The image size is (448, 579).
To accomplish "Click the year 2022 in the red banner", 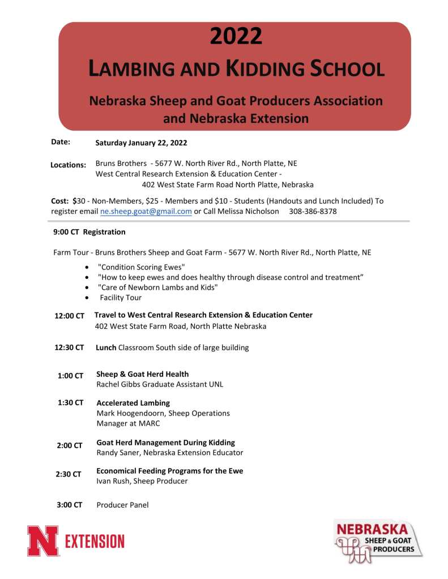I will point(236,36).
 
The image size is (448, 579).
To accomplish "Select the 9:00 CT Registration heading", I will point(89,232).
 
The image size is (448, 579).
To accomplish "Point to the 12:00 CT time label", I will point(70,316).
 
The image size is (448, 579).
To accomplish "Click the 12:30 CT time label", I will point(70,348).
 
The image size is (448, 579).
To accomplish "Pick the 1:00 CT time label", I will point(70,375).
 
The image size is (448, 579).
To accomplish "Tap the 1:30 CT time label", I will point(70,402).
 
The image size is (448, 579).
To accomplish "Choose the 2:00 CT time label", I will point(70,445).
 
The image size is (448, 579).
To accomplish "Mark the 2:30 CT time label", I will point(69,474).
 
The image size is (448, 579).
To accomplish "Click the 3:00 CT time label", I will point(70,504).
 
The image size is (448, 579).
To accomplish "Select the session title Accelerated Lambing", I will point(133,403).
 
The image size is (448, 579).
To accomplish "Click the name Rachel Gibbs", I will point(118,384).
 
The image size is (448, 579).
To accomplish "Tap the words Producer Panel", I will point(122,505).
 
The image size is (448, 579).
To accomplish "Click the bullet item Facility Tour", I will point(121,298).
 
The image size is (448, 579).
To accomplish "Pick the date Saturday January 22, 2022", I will point(141,143).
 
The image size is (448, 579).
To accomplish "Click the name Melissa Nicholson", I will point(246,211).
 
